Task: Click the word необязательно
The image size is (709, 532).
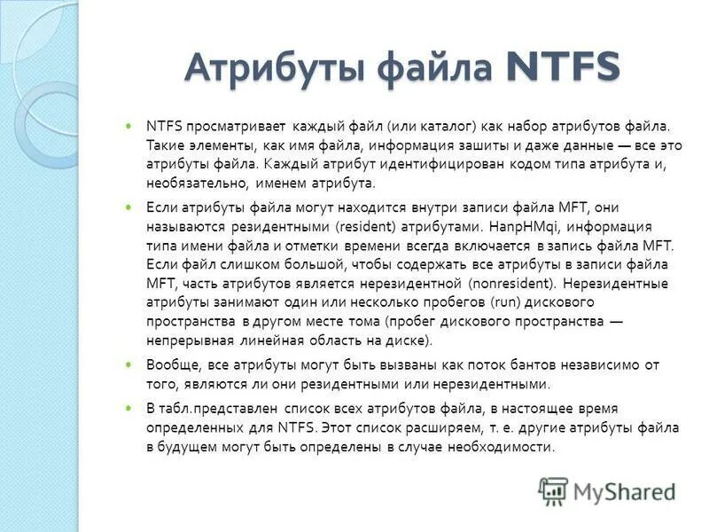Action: tap(191, 184)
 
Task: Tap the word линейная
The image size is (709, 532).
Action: tap(273, 340)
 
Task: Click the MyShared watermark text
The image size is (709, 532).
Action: tap(625, 489)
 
